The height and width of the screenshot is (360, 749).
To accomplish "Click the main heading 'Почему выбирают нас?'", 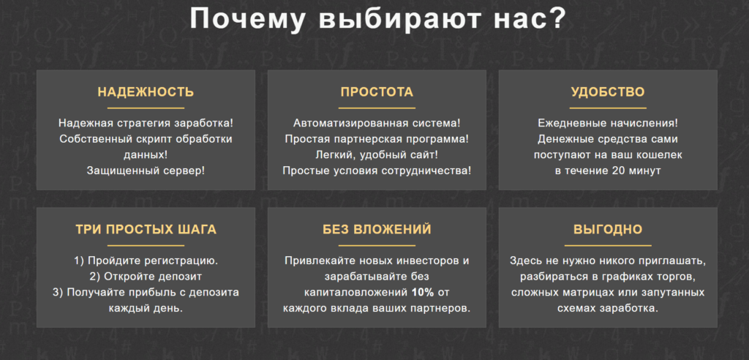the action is [x=377, y=19].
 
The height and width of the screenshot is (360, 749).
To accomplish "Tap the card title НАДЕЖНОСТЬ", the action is [x=146, y=91].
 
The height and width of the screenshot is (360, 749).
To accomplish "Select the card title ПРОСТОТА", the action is [x=377, y=91].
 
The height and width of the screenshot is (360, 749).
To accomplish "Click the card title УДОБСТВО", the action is [x=608, y=91].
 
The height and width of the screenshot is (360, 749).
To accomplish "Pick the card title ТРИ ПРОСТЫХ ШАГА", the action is [x=146, y=230].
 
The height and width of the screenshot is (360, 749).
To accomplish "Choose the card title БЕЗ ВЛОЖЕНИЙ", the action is [x=377, y=230].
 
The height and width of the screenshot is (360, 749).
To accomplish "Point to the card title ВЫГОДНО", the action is [x=608, y=230].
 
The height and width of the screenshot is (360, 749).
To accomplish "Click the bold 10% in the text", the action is [x=423, y=292].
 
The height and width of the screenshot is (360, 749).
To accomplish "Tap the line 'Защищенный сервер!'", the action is [x=146, y=170].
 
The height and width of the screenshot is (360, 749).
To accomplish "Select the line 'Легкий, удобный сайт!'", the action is [x=377, y=155].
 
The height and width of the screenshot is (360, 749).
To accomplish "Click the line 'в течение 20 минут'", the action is [x=608, y=170].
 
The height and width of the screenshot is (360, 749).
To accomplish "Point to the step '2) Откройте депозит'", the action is [x=146, y=277].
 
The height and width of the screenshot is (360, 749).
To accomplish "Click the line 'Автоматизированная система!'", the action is [x=377, y=124].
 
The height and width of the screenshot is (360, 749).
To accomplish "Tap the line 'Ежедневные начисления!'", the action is [x=608, y=124].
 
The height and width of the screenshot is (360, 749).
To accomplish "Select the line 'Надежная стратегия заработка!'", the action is [x=146, y=124].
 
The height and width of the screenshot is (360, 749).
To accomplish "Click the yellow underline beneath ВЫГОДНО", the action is [x=608, y=246].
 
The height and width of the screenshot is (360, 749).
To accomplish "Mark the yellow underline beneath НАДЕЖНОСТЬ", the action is [x=146, y=108].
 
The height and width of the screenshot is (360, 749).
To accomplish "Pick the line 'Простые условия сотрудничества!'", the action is [x=377, y=170].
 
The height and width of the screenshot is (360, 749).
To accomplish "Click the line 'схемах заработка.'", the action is [x=608, y=308].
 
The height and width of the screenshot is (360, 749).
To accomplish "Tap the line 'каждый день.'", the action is [x=146, y=308].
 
